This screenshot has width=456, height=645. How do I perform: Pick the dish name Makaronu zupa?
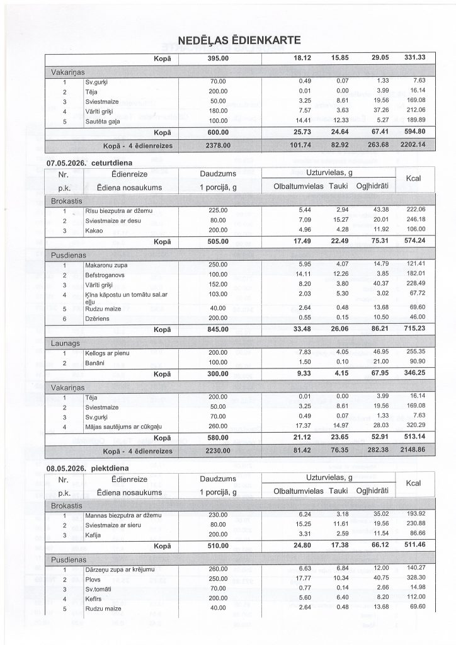pyautogui.click(x=106, y=265)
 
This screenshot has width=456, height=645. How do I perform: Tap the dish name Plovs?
pyautogui.click(x=93, y=578)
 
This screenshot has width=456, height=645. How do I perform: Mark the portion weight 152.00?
pyautogui.click(x=217, y=284)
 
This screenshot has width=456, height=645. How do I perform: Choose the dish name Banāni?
pyautogui.click(x=96, y=363)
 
